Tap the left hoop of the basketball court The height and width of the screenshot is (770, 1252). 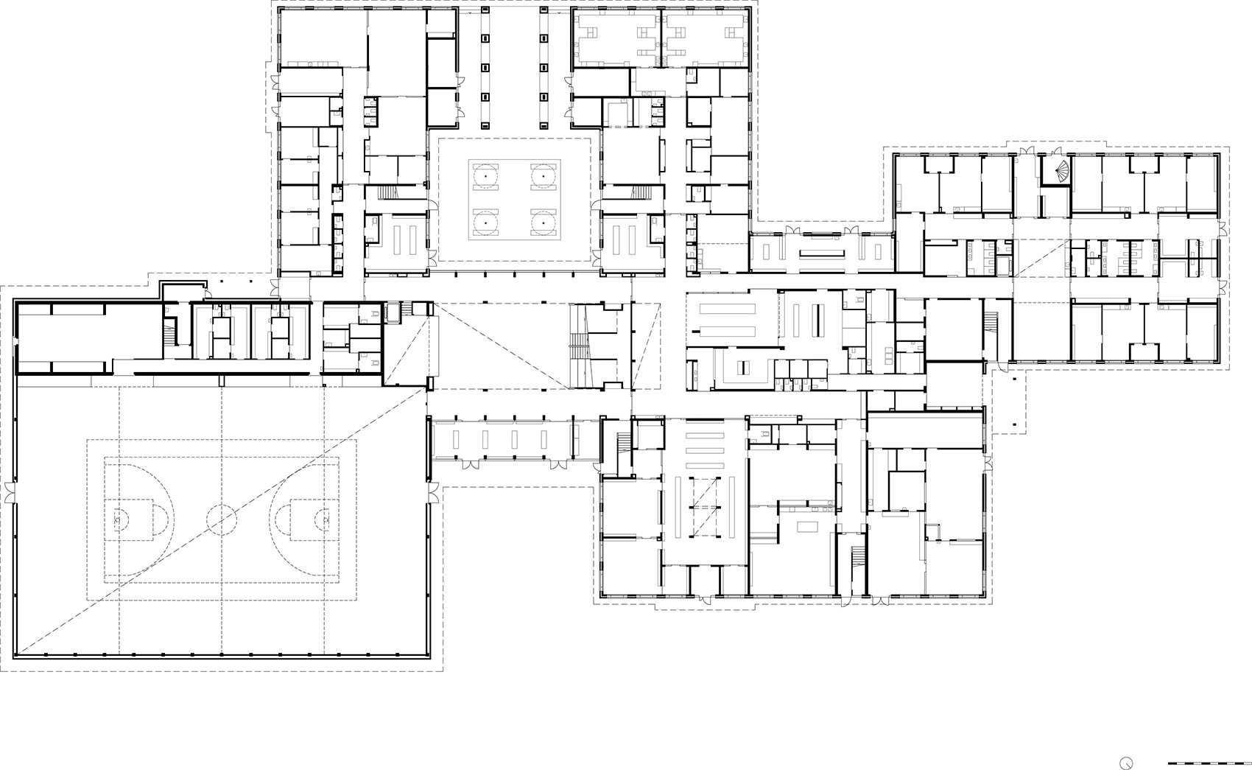(119, 519)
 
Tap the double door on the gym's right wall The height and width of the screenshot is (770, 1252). (432, 491)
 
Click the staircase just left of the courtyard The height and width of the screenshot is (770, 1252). (388, 193)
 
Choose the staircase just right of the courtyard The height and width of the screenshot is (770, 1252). (641, 193)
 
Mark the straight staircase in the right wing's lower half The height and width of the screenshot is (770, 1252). (991, 322)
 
